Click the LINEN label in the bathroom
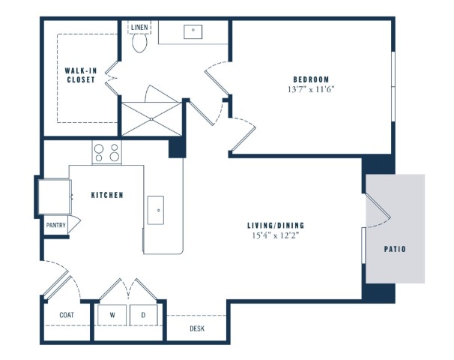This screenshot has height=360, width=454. [139, 28]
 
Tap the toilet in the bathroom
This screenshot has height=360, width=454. [139, 42]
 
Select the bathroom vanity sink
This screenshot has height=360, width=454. [193, 31]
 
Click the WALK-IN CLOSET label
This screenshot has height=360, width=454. [81, 75]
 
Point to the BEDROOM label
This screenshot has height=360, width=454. [311, 79]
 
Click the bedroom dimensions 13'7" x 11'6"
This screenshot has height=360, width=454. [311, 89]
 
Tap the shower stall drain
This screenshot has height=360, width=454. [151, 119]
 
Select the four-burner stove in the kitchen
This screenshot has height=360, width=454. [107, 152]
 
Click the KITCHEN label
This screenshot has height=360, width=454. [107, 195]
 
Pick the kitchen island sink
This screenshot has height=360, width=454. [156, 210]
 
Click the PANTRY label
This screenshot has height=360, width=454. [56, 225]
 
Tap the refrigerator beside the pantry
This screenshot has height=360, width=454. [55, 196]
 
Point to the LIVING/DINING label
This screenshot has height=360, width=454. [276, 225]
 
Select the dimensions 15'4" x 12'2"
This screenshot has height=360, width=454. [276, 235]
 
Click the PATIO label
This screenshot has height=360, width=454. [395, 249]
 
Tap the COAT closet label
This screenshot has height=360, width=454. [67, 315]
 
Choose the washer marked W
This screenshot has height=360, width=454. [112, 315]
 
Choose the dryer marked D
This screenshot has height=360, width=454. [144, 315]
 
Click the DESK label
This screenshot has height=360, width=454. [197, 328]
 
